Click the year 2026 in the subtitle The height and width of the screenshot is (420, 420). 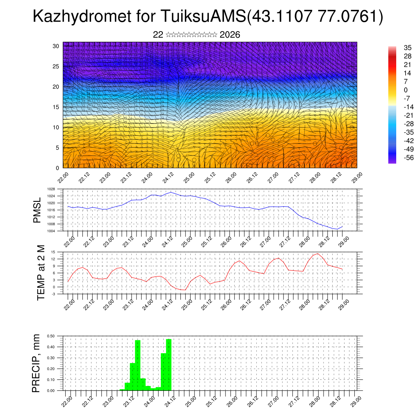(x=230, y=35)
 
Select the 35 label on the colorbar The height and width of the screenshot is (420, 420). (x=407, y=48)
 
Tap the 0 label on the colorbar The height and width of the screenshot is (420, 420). (x=406, y=90)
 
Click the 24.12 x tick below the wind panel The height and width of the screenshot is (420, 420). (x=168, y=179)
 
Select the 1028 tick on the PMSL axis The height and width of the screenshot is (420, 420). (x=50, y=189)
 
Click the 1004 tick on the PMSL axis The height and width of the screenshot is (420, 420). (x=50, y=231)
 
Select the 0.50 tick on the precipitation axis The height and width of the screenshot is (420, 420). (x=51, y=336)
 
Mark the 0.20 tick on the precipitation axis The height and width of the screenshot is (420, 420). (x=51, y=369)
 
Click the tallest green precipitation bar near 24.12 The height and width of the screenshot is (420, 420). (x=169, y=364)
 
